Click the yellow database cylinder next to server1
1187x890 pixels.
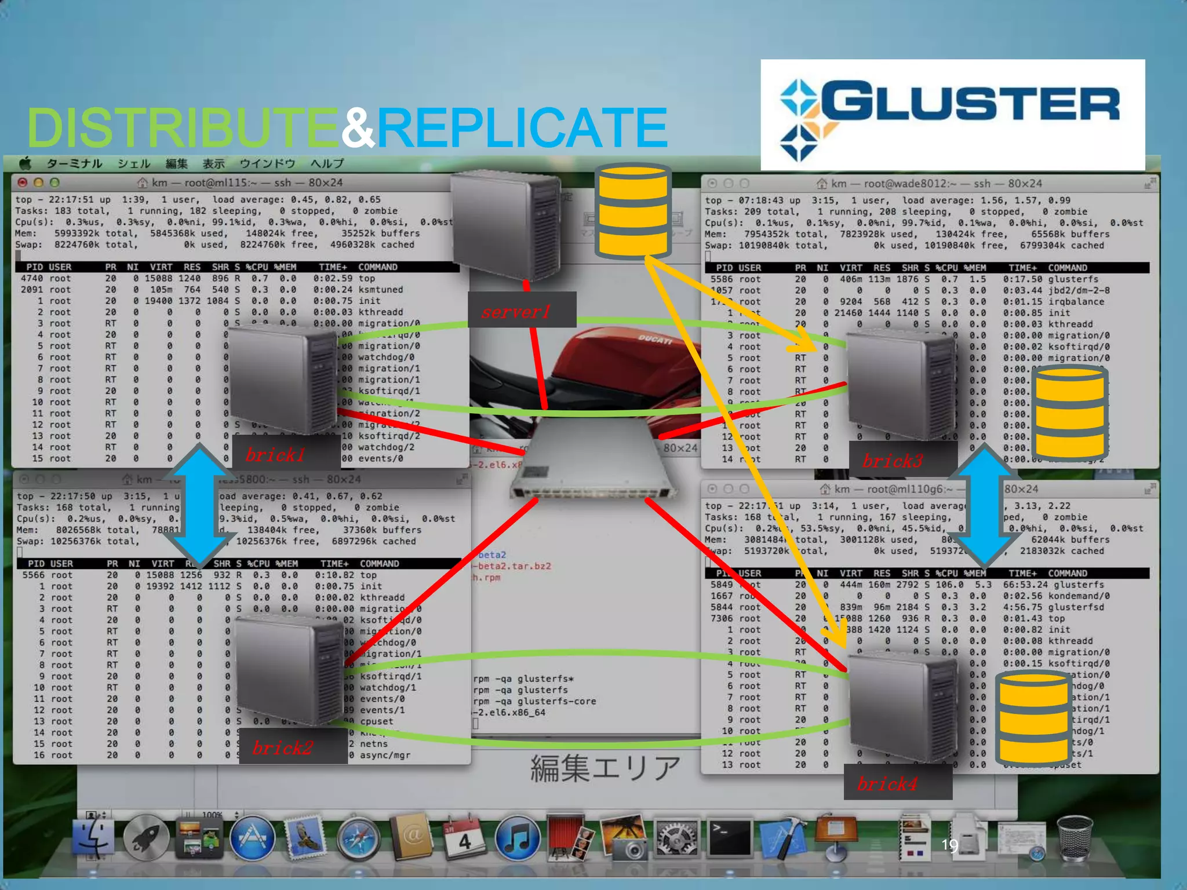point(633,211)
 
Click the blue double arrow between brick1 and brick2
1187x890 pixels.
point(199,504)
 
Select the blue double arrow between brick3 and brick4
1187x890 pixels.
point(984,504)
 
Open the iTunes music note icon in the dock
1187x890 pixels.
point(517,838)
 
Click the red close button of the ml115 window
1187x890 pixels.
point(23,183)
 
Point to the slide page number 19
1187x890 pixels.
point(949,845)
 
